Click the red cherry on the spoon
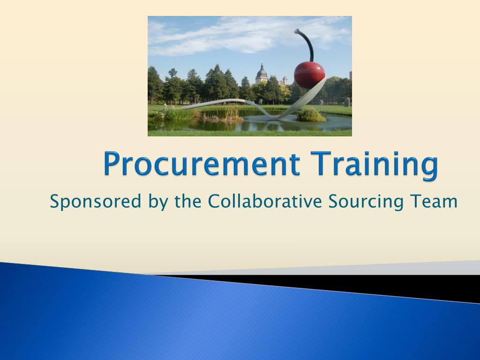(x=309, y=74)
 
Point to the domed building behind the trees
(x=262, y=75)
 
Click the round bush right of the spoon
(x=311, y=115)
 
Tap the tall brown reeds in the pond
(x=230, y=113)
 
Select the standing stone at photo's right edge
(x=347, y=102)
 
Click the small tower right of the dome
(x=284, y=81)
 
